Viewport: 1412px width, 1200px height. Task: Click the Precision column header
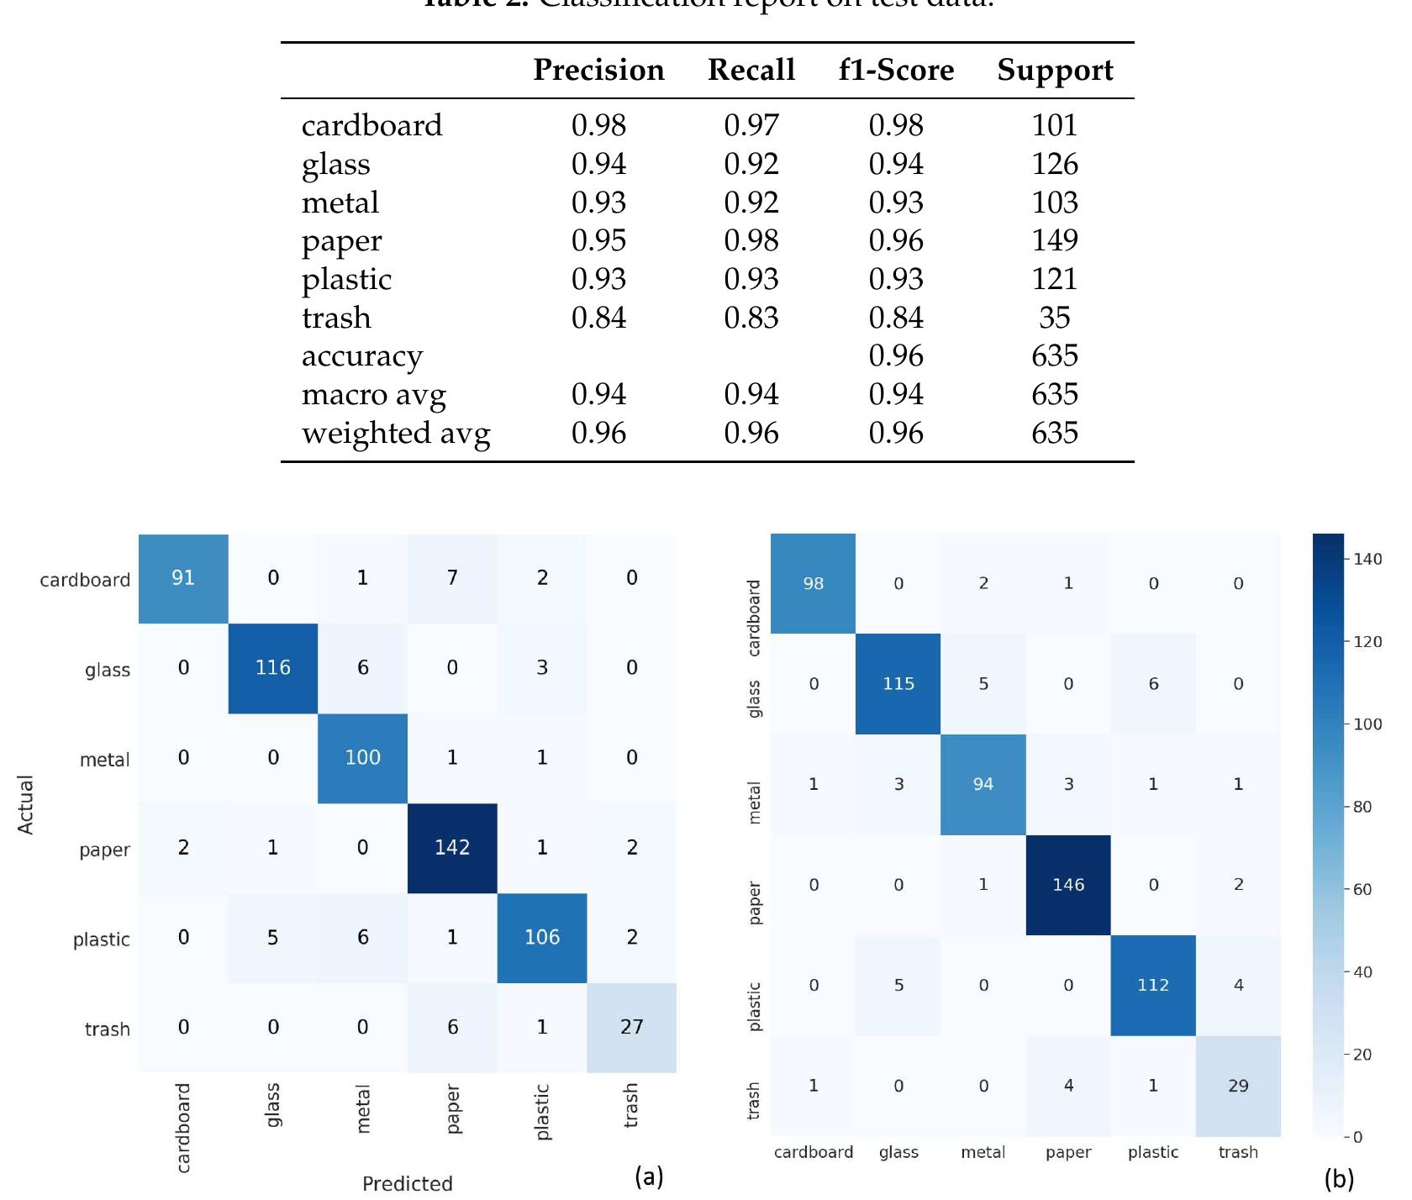[x=598, y=70]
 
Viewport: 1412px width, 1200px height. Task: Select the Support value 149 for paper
[x=1055, y=240]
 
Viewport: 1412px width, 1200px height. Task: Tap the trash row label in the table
[x=336, y=318]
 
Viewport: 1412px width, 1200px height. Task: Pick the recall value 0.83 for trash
[x=751, y=318]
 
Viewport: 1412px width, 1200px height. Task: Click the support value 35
[x=1055, y=318]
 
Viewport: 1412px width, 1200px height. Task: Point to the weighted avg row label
[x=396, y=434]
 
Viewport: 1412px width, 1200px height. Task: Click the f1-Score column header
[x=896, y=70]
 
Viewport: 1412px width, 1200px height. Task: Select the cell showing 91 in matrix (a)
[x=183, y=578]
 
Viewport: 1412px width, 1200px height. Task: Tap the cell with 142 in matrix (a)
[x=452, y=848]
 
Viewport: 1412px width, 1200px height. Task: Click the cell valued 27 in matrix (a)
[x=631, y=1027]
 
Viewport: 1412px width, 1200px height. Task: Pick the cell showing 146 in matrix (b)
[x=1068, y=885]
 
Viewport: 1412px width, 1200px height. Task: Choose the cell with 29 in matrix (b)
[x=1238, y=1086]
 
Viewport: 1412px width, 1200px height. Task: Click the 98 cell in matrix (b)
[x=813, y=583]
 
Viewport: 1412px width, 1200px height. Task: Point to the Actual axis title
[x=26, y=804]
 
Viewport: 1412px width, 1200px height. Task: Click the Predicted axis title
[x=408, y=1183]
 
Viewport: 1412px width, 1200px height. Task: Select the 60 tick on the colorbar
[x=1362, y=889]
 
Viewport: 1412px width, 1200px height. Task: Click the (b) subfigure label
[x=1339, y=1179]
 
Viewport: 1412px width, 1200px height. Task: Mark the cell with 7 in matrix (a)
[x=452, y=578]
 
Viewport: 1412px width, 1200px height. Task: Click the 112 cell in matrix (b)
[x=1153, y=985]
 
